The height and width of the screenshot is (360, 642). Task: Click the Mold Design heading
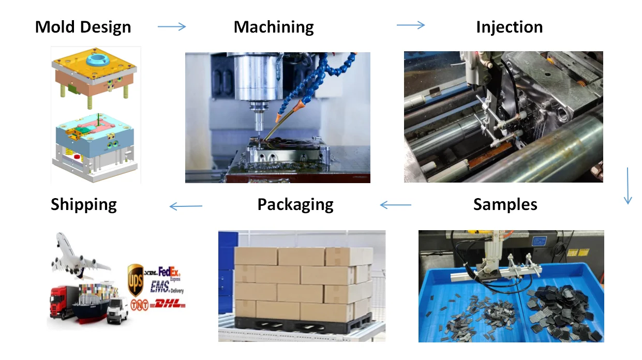tap(83, 27)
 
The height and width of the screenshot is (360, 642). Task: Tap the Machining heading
tap(274, 27)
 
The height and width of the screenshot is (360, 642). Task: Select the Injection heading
tap(509, 27)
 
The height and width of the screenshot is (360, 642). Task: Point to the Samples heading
tap(505, 204)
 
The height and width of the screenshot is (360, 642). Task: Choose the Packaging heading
tap(295, 204)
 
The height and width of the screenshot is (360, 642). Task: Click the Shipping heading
tap(84, 204)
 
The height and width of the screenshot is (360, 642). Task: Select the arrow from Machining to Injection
tap(411, 25)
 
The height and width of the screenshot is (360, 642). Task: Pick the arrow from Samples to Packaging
tap(396, 205)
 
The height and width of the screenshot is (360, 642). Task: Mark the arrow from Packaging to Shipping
tap(186, 207)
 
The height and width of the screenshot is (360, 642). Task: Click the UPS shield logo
tap(135, 274)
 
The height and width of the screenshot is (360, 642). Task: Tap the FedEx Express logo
tap(169, 271)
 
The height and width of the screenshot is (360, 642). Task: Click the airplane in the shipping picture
tap(80, 256)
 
